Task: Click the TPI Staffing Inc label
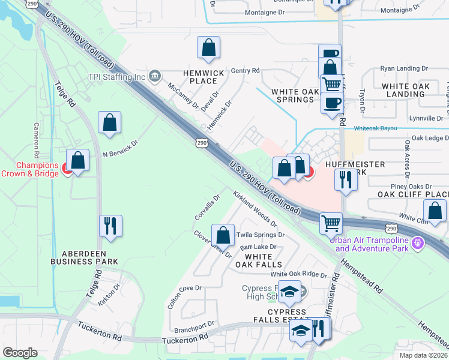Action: pyautogui.click(x=117, y=77)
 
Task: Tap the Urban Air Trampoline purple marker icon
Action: pyautogui.click(x=418, y=244)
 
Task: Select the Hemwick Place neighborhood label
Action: pyautogui.click(x=206, y=77)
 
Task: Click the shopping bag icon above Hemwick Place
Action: pyautogui.click(x=208, y=49)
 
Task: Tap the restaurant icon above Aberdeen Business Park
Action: pyautogui.click(x=110, y=226)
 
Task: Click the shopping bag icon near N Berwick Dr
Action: pyautogui.click(x=110, y=122)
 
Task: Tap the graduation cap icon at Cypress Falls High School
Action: pyautogui.click(x=290, y=292)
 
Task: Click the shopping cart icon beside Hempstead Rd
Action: pyautogui.click(x=331, y=223)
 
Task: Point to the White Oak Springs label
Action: pyautogui.click(x=294, y=95)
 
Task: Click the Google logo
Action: pyautogui.click(x=20, y=353)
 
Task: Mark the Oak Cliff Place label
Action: pyautogui.click(x=413, y=194)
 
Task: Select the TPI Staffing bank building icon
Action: pyautogui.click(x=155, y=76)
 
